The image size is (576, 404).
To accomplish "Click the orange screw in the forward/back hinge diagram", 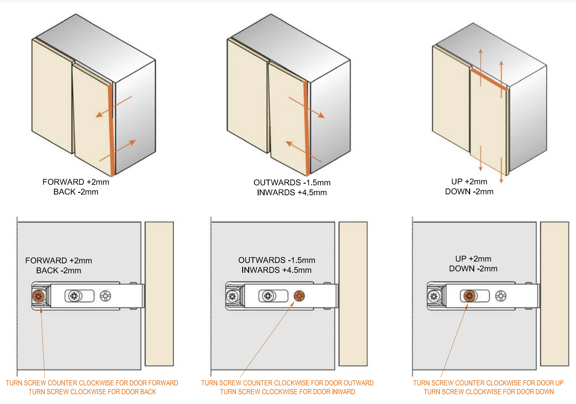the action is click(38, 297).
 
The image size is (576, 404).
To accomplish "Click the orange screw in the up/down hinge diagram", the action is click(469, 296).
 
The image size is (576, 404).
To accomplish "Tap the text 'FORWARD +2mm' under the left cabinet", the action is click(76, 182).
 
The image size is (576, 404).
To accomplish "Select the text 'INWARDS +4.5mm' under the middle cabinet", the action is click(292, 193).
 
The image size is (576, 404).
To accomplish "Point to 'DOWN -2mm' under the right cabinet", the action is click(469, 192).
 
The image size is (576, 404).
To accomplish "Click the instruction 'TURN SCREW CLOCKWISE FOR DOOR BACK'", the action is click(92, 392).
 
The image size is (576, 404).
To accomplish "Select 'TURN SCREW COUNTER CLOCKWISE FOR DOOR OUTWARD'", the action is click(287, 383).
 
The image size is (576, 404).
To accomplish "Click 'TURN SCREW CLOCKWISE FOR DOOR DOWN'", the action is click(489, 392).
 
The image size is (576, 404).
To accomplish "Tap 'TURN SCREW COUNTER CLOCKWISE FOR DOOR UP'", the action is click(488, 383).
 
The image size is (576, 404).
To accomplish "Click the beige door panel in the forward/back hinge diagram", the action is click(159, 294).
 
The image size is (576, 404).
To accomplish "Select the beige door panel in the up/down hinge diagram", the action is click(555, 294).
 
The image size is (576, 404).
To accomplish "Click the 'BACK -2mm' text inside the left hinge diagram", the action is click(58, 271).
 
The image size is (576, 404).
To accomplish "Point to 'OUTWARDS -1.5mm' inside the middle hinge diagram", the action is click(277, 260).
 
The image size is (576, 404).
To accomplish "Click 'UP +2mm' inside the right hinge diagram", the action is click(473, 259).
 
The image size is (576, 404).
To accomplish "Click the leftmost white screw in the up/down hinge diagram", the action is click(434, 297).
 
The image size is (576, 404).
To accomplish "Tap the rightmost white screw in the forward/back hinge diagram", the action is click(105, 296).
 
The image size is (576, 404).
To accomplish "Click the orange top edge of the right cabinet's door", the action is click(489, 80).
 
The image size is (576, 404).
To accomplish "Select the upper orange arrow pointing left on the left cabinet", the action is click(114, 107).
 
